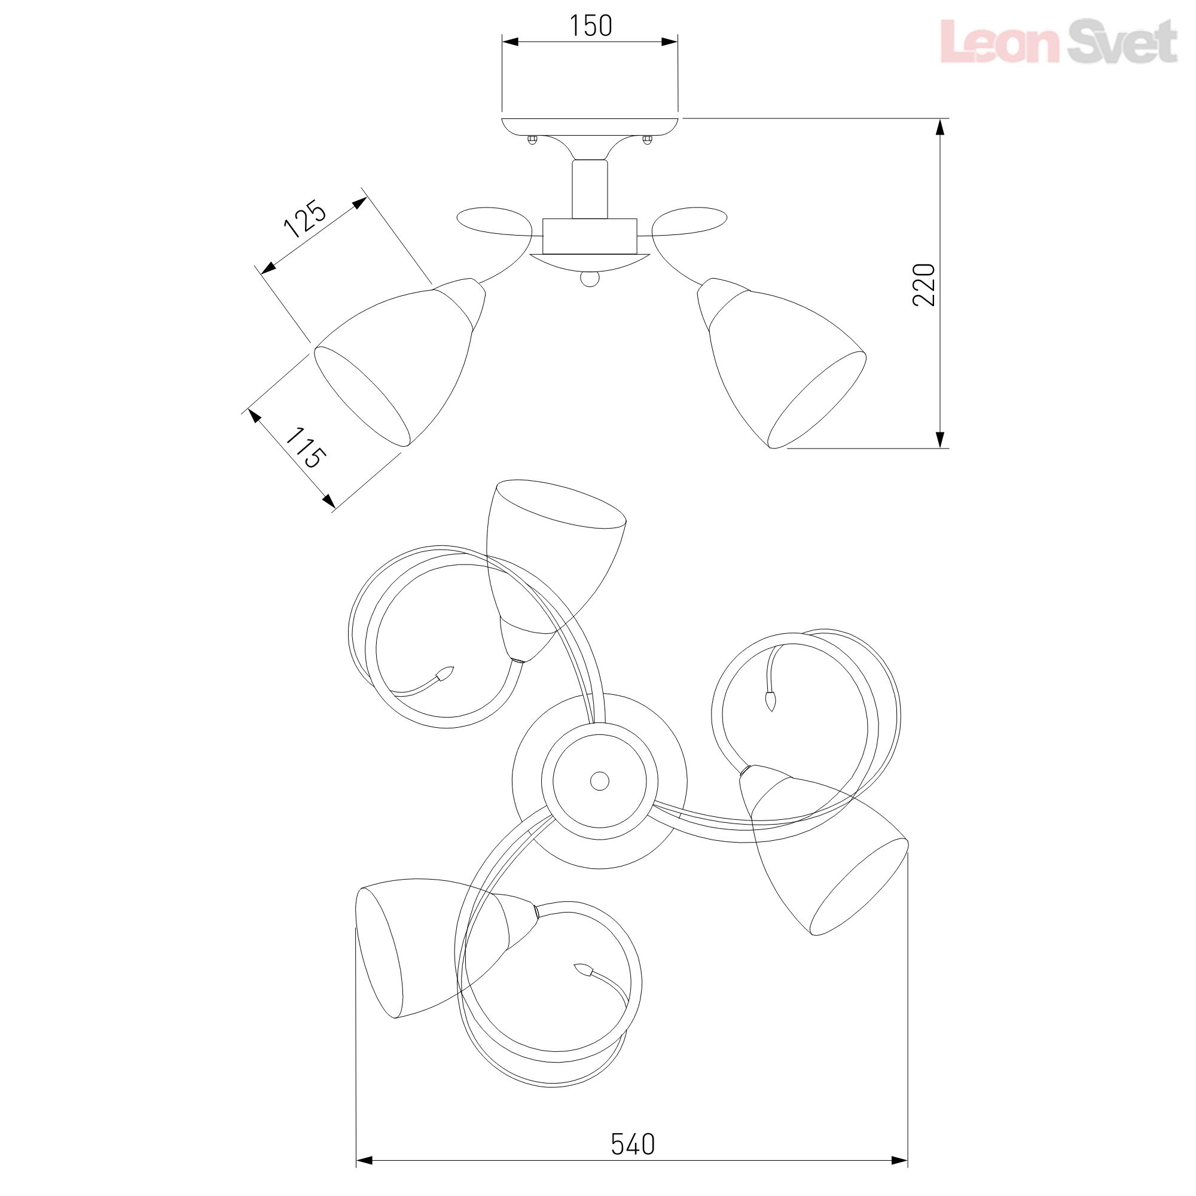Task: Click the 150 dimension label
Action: coord(591,25)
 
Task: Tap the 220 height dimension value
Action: coord(924,284)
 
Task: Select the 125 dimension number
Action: coord(304,218)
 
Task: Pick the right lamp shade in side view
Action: coord(781,363)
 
